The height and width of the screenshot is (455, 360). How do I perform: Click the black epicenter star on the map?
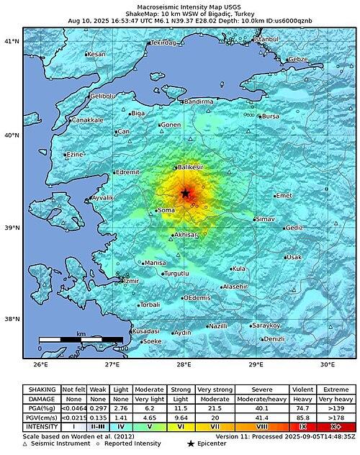[x=185, y=193]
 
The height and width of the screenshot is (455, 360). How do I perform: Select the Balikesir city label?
[x=191, y=167]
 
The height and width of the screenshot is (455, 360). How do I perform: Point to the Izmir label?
[x=130, y=280]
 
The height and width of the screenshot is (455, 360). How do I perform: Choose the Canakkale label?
[x=87, y=120]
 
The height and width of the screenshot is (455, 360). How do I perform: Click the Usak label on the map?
[x=294, y=257]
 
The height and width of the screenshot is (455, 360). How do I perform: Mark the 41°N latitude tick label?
[x=12, y=42]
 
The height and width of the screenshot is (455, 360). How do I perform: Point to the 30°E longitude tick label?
[x=328, y=365]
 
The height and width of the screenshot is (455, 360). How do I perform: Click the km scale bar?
[x=81, y=338]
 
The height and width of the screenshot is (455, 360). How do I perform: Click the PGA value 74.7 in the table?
[x=302, y=408]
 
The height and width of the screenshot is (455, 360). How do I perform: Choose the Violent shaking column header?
[x=302, y=389]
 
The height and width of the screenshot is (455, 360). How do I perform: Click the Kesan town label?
[x=96, y=55]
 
